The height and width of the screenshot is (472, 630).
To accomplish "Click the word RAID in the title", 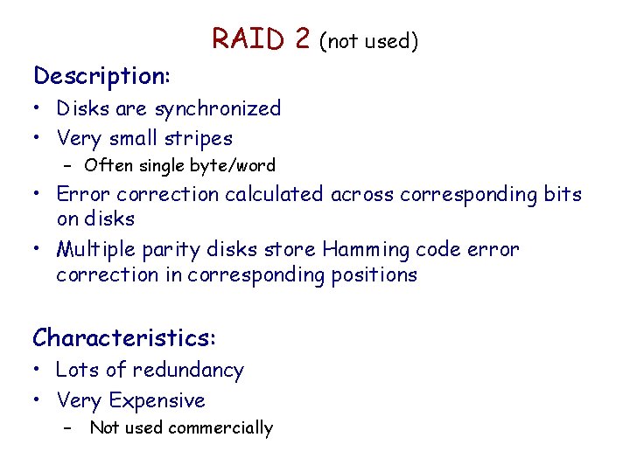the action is (248, 39).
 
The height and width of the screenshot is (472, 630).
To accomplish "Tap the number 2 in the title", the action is (302, 39).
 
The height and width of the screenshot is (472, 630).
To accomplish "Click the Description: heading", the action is (101, 76).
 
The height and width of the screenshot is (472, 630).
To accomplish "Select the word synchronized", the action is (218, 109).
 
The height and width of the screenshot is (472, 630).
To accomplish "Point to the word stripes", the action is (203, 138).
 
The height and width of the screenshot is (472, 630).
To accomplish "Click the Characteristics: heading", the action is (124, 337).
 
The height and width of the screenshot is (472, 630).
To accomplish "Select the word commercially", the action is (225, 427).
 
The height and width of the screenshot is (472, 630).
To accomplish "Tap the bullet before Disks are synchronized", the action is (38, 109).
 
